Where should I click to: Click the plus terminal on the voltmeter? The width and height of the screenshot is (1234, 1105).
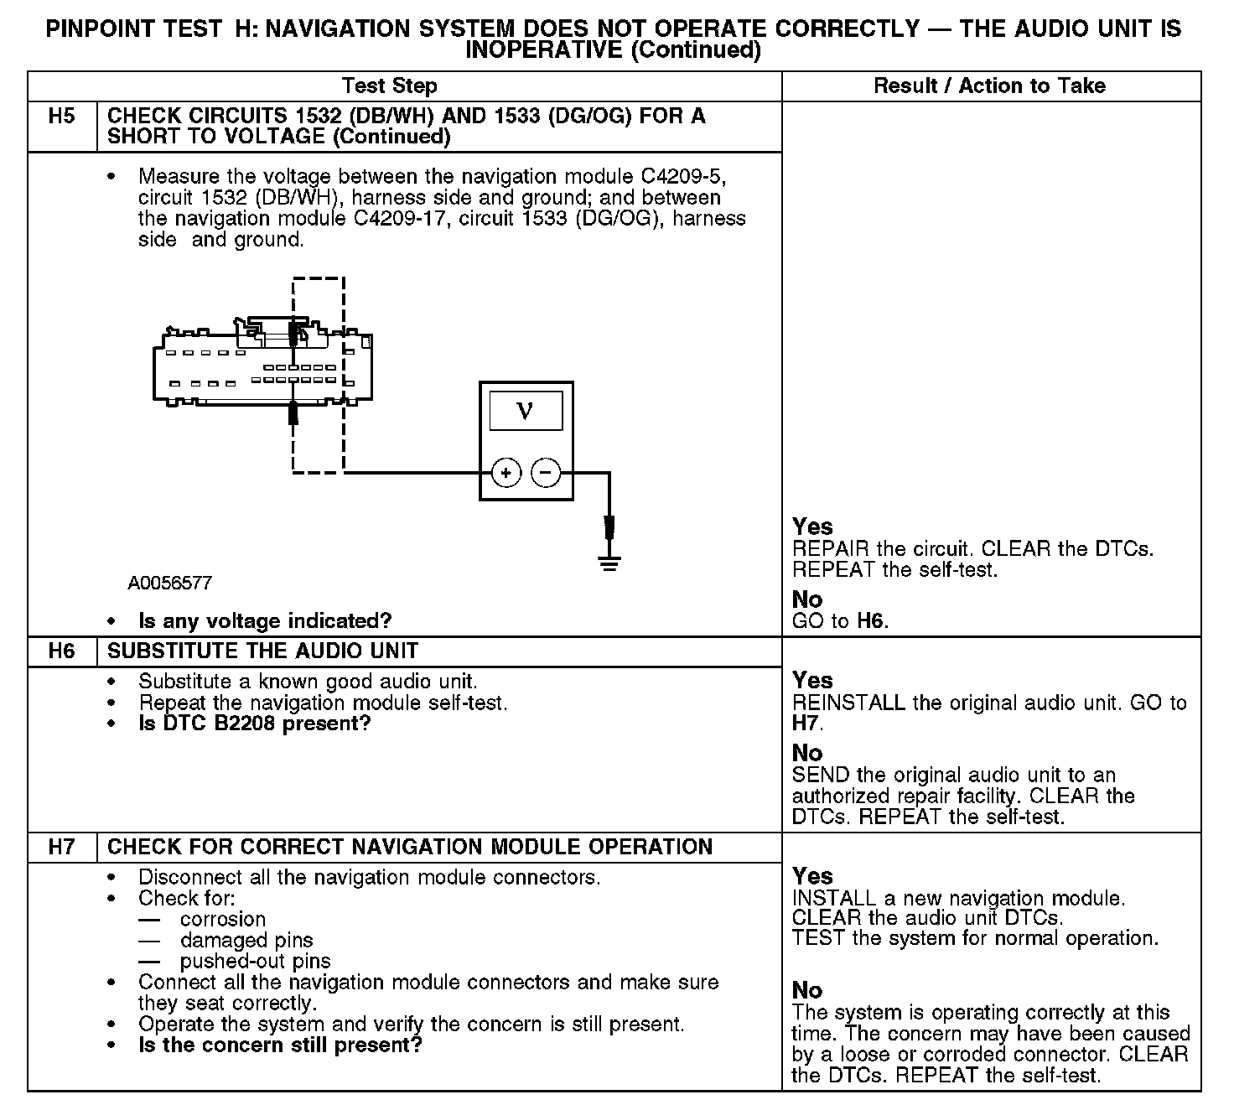coord(506,474)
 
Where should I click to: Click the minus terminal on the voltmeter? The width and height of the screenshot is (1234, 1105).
coord(546,474)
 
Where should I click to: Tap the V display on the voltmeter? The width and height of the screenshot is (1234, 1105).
coord(526,411)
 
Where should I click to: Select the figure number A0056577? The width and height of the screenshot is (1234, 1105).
coord(170,583)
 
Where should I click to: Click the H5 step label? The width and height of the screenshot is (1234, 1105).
coord(62,117)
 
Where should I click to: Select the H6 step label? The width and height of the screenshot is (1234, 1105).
coord(62,651)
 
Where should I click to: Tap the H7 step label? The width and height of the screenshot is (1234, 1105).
coord(62,847)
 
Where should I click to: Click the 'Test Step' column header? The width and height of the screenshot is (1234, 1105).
coord(390,86)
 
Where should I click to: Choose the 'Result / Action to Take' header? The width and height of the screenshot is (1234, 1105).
coord(989,86)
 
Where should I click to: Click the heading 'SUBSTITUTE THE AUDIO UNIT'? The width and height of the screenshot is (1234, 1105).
coord(263,651)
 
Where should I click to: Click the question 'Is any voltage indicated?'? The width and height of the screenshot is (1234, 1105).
coord(265,621)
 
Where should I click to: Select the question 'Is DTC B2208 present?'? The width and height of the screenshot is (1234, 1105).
coord(254,724)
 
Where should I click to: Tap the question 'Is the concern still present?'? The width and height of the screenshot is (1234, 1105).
coord(280,1045)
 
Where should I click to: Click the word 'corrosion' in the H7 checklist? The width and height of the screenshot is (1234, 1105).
coord(223,919)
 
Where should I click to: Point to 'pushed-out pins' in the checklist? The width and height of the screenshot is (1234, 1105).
coord(255,961)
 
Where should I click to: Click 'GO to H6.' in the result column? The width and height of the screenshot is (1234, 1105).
coord(840,621)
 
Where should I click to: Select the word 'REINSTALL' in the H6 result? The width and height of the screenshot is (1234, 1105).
coord(848,703)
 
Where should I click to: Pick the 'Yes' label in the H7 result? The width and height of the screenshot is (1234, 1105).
coord(812,876)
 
